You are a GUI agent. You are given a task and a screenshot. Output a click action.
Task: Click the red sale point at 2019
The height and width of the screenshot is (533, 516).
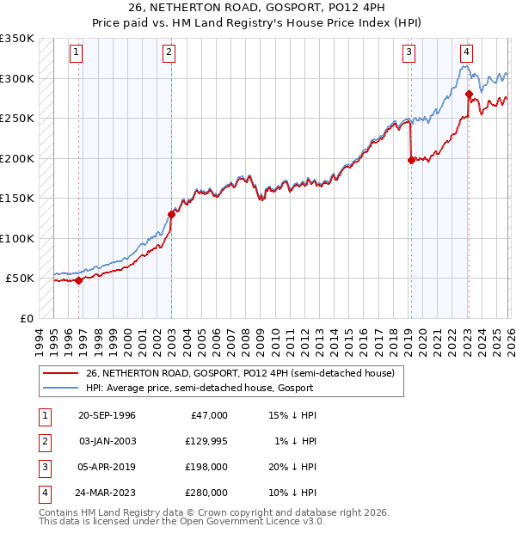411,159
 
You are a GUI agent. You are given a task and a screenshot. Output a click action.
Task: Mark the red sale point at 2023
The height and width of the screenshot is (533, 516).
469,94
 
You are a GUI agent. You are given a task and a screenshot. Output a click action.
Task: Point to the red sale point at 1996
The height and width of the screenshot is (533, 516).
79,280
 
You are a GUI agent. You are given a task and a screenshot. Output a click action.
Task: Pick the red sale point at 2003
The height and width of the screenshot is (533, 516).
171,214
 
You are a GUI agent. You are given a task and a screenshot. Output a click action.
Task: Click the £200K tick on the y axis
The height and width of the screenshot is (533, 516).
17,158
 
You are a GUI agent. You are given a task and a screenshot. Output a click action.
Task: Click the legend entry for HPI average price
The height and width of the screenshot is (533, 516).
200,388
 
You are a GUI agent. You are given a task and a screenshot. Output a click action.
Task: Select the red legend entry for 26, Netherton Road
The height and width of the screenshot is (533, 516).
240,374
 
